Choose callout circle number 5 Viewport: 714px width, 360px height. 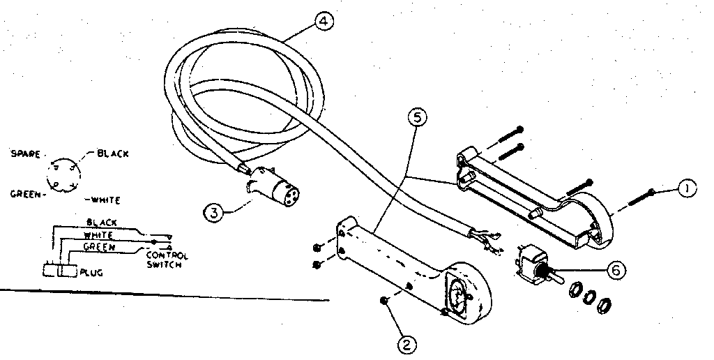pyautogui.click(x=416, y=118)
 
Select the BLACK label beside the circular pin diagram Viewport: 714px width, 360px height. pyautogui.click(x=112, y=153)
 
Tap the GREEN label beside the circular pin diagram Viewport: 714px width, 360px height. pyautogui.click(x=24, y=194)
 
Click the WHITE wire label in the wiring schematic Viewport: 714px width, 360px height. pyautogui.click(x=98, y=235)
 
